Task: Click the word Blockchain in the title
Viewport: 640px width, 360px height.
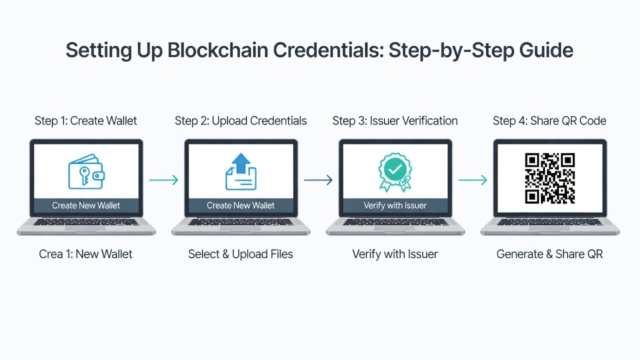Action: coord(217,50)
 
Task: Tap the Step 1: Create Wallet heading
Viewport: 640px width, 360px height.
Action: coord(85,121)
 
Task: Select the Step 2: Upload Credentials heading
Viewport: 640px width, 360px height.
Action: coord(240,121)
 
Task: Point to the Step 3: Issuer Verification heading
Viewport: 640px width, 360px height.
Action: coord(395,121)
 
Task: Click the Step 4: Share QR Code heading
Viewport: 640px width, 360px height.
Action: coord(549,121)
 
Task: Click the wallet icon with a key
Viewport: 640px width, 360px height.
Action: coord(86,171)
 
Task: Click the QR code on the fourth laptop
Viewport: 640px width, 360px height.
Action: coord(549,178)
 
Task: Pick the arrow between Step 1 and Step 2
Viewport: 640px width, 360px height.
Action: coord(163,180)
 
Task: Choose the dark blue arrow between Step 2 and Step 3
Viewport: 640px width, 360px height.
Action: coord(318,180)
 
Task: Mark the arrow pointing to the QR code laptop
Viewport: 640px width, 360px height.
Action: coord(472,180)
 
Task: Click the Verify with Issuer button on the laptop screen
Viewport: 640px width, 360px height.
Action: coord(395,205)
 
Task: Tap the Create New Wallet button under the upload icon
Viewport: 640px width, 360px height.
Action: coord(240,205)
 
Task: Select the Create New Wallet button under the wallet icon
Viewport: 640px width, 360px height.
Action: coord(86,205)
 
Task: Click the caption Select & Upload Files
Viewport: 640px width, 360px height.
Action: coord(240,254)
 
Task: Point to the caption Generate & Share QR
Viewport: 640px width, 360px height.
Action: coord(549,254)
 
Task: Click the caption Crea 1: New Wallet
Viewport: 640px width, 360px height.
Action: coord(85,254)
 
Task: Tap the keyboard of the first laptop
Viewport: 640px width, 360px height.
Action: coord(86,222)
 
